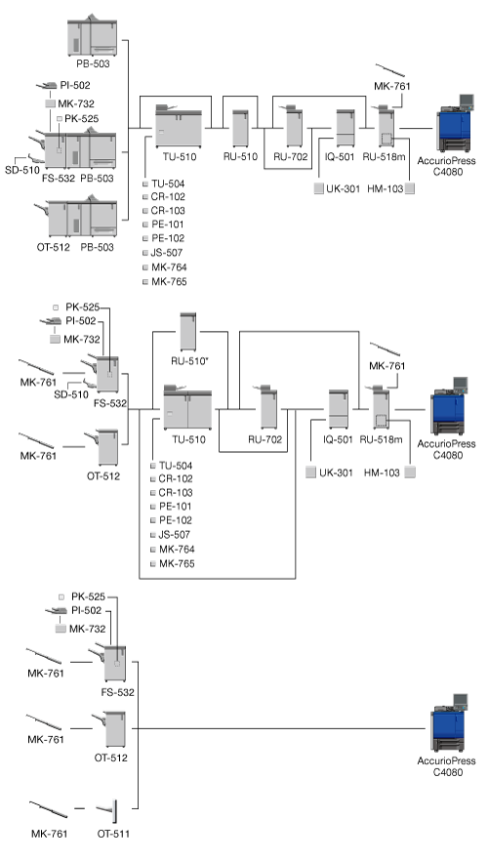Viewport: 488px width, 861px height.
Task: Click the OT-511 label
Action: point(113,834)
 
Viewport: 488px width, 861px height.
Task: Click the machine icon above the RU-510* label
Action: point(188,332)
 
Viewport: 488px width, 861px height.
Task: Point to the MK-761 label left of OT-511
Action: point(49,834)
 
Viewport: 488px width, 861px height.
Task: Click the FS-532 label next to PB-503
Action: point(59,178)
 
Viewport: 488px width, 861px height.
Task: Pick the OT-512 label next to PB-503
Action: point(54,247)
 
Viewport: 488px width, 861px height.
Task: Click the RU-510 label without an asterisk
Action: point(240,156)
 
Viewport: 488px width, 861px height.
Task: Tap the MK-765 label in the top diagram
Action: point(169,282)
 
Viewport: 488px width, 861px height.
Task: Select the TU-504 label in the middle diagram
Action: point(176,466)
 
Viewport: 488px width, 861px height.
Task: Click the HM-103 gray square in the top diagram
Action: point(409,189)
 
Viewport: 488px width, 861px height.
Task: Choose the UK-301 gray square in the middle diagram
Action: point(310,472)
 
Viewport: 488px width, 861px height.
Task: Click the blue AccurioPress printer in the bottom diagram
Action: point(450,724)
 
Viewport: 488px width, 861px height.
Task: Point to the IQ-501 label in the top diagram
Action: point(340,157)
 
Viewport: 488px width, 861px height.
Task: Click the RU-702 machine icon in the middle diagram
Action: point(267,407)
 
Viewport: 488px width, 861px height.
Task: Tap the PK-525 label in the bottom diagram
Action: point(88,596)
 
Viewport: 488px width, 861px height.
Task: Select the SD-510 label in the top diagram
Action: point(22,170)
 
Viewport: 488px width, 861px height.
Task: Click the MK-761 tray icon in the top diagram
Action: point(390,70)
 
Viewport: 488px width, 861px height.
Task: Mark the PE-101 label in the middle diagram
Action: point(176,507)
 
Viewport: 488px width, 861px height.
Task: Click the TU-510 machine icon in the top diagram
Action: point(179,126)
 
